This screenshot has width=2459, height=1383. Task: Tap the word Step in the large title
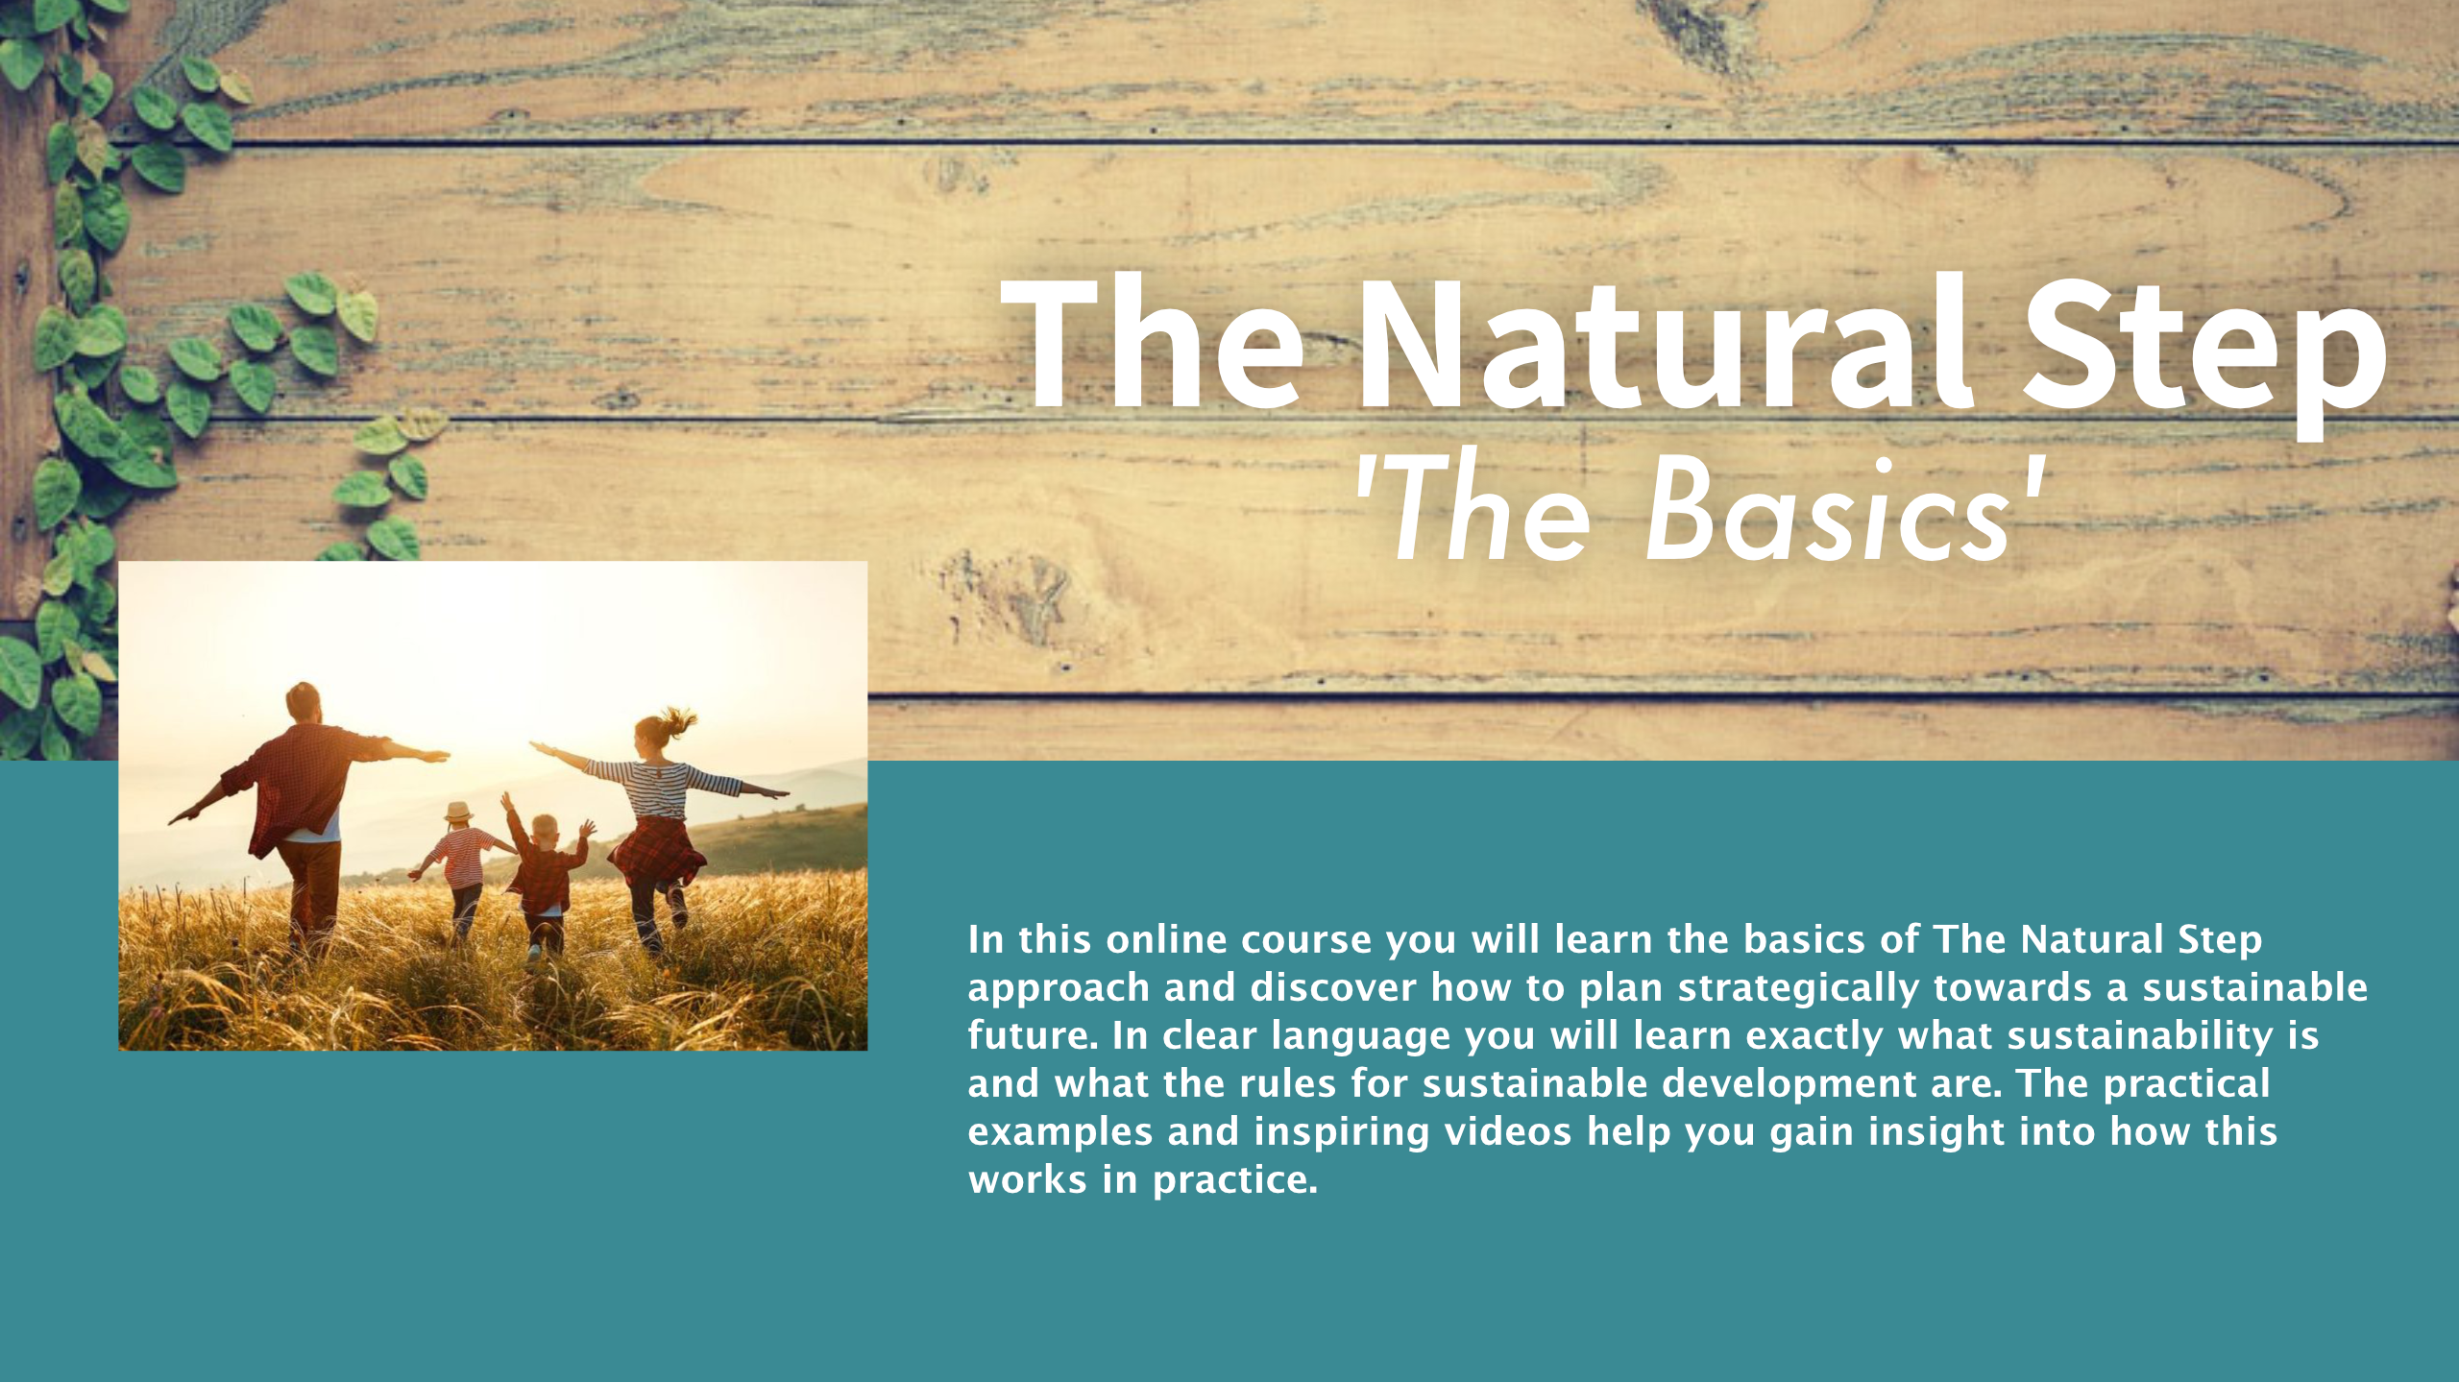click(x=2203, y=355)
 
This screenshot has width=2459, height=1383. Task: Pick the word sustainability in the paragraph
click(x=2139, y=1037)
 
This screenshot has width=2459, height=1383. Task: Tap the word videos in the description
click(x=1508, y=1131)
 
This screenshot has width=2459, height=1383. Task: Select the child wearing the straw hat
click(x=462, y=869)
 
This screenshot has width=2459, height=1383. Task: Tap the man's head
click(x=304, y=702)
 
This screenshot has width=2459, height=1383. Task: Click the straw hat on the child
click(x=458, y=812)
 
